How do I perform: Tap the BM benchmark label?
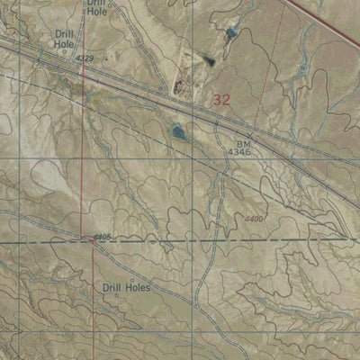pos(244,143)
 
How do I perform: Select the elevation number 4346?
pos(238,154)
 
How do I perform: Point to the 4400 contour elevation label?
pos(256,219)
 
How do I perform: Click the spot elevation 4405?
pos(102,238)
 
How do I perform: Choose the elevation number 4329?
pos(85,58)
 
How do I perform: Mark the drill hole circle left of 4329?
pos(64,53)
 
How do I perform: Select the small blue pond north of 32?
pos(233,32)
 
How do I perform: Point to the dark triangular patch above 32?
pos(209,61)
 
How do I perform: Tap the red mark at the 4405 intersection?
pos(89,241)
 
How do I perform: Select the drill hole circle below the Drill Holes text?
pos(116,296)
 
